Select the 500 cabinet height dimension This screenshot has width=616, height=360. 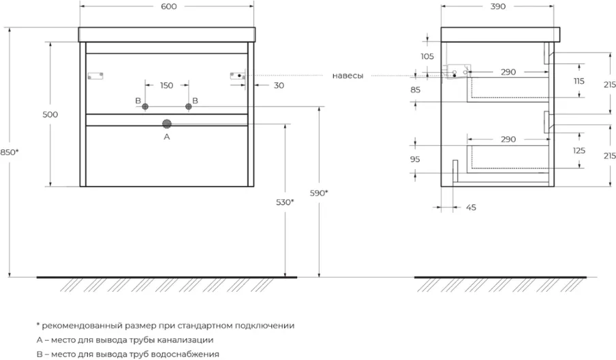click(x=50, y=115)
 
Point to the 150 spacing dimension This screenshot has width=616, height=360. click(x=166, y=85)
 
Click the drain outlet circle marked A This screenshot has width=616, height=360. click(x=166, y=123)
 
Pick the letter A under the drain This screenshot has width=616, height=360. click(x=166, y=136)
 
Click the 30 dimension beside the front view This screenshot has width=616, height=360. click(x=279, y=85)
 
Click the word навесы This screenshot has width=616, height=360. click(x=348, y=76)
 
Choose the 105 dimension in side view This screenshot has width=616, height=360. click(x=428, y=57)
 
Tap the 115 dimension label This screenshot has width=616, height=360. click(x=580, y=82)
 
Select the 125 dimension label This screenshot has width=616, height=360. click(x=580, y=151)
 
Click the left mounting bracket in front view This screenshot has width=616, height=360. click(x=94, y=75)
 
